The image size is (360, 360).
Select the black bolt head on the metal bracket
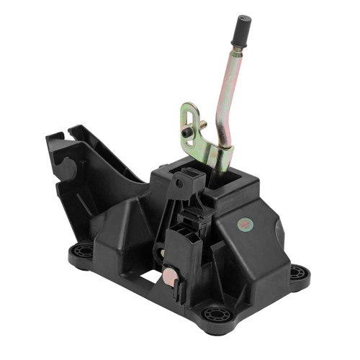coord(188,134)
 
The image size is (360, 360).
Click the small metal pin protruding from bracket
coord(204,125)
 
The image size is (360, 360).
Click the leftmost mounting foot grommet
coord(82,251)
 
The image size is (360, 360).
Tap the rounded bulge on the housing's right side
coord(279,232)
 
